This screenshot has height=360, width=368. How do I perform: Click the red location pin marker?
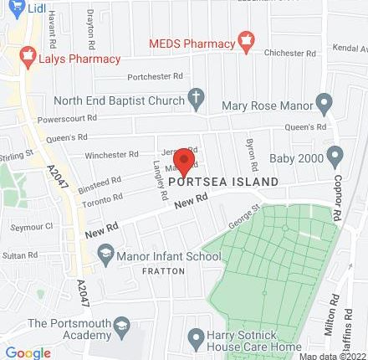point(184,162)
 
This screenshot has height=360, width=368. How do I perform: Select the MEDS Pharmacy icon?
point(246,39)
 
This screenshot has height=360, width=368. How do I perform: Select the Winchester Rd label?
point(110,155)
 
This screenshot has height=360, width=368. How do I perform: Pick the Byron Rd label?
point(248,151)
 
